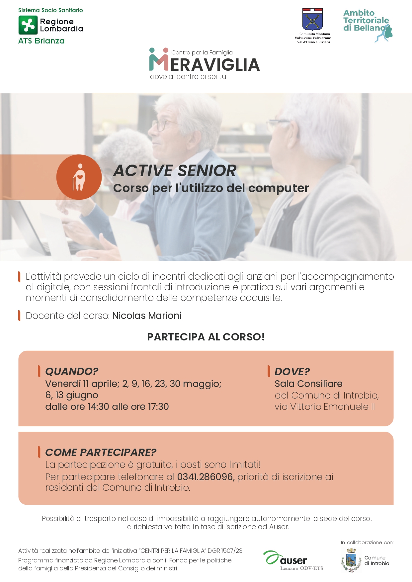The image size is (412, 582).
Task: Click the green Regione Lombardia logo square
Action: (x=28, y=25)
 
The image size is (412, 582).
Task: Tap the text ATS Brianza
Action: (x=41, y=41)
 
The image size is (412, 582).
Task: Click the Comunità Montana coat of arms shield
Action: (x=312, y=20)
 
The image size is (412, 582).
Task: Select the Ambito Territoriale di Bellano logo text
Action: (x=366, y=21)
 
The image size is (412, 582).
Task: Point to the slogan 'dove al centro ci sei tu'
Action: (x=188, y=77)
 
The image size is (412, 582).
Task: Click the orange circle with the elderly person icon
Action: (x=79, y=177)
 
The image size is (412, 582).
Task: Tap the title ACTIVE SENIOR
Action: (x=175, y=171)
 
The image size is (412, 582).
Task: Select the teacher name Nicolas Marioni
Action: (x=147, y=316)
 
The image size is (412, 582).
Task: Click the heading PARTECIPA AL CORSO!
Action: (x=206, y=337)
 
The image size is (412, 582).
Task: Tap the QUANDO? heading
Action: (x=72, y=371)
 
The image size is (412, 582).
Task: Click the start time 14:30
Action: (x=99, y=406)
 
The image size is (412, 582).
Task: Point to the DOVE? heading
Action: (x=292, y=372)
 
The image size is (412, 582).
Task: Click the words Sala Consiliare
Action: (x=308, y=384)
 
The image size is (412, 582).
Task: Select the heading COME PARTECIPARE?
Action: (x=101, y=452)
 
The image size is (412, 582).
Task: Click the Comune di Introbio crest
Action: (x=351, y=560)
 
